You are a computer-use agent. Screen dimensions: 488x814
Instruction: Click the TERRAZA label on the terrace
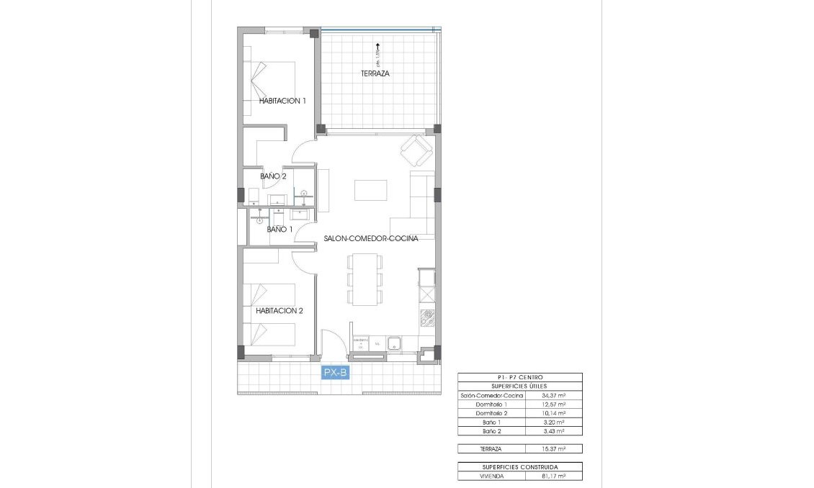(375, 73)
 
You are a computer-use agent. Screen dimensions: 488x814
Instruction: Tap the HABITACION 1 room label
(282, 101)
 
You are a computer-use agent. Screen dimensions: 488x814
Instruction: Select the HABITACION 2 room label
(279, 311)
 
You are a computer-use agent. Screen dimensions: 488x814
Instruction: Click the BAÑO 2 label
(274, 176)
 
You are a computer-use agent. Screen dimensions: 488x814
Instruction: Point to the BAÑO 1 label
(279, 229)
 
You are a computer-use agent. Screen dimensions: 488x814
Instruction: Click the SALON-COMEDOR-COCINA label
(371, 238)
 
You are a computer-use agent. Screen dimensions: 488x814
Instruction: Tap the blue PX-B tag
(336, 372)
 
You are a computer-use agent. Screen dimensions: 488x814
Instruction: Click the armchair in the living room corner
(416, 150)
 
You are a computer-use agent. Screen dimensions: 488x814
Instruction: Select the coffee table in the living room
(370, 189)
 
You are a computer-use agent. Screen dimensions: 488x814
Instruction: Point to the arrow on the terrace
(377, 48)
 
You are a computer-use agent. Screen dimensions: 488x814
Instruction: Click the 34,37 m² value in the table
(553, 395)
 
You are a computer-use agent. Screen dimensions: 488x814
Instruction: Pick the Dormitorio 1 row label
(492, 405)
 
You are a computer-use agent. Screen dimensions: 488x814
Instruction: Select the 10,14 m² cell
(553, 413)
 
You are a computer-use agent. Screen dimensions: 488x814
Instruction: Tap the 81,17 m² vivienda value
(553, 476)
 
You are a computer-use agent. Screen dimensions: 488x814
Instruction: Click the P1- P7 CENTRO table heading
(519, 377)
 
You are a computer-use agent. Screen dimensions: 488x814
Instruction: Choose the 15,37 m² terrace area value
(553, 448)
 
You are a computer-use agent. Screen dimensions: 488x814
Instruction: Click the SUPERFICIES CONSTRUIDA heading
(519, 467)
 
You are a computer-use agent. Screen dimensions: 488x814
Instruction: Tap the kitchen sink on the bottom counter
(395, 345)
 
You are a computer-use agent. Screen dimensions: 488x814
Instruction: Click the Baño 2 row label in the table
(492, 430)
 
